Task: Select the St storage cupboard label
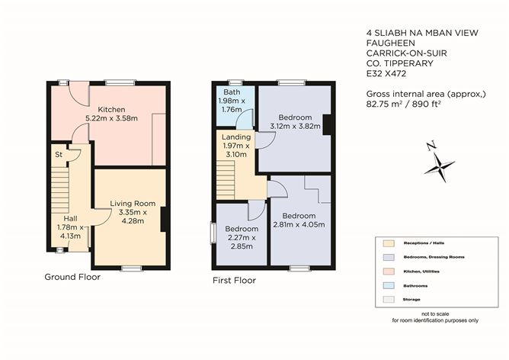pos(58,155)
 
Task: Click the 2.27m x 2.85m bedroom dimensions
pos(241,241)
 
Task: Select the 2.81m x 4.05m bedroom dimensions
pos(299,224)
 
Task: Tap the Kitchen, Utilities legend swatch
pos(390,272)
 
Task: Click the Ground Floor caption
pos(72,277)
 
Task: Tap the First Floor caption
pos(234,281)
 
